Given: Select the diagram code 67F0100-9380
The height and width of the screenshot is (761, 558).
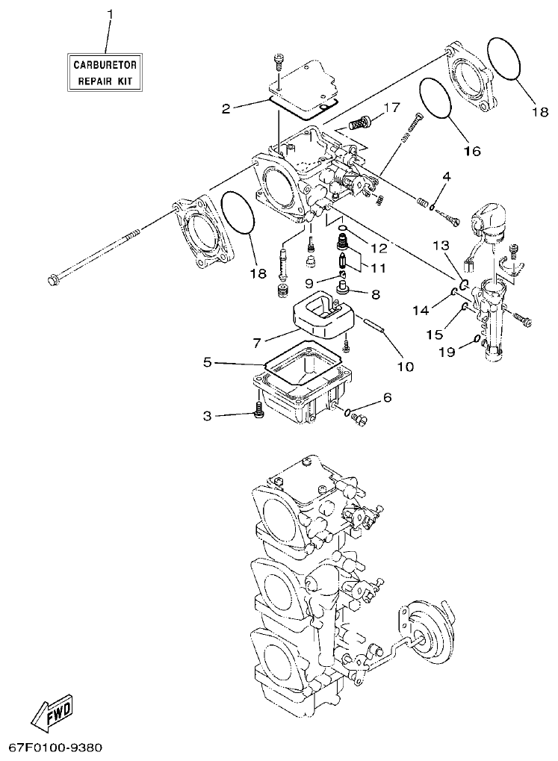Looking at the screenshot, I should click(55, 747).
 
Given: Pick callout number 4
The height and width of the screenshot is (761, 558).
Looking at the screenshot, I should click(446, 177).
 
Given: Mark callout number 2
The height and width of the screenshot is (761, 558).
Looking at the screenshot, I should click(226, 108).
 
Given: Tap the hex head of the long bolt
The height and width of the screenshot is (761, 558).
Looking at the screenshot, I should click(53, 281).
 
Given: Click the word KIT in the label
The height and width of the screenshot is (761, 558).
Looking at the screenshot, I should click(129, 80).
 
